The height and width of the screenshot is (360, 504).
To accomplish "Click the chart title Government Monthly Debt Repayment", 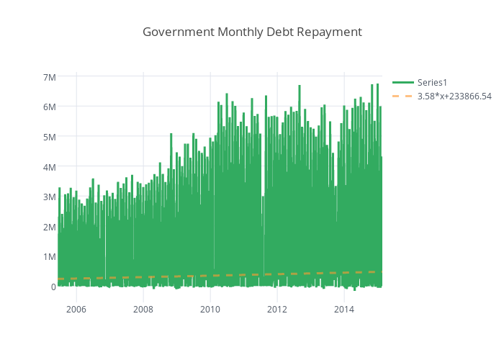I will pyautogui.click(x=252, y=32).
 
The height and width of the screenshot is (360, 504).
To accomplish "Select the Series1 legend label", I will pyautogui.click(x=433, y=83).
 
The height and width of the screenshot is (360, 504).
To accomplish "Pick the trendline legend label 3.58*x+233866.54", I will pyautogui.click(x=454, y=96).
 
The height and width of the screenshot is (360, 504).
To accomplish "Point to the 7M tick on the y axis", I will pyautogui.click(x=49, y=77).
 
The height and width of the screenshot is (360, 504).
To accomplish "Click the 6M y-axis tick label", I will pyautogui.click(x=49, y=107).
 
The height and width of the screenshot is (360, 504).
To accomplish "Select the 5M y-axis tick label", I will pyautogui.click(x=49, y=137).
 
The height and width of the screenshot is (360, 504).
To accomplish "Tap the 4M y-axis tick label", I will pyautogui.click(x=49, y=167).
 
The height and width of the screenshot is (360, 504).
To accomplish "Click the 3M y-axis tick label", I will pyautogui.click(x=49, y=197).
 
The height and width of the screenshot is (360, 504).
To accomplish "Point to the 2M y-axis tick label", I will pyautogui.click(x=49, y=227).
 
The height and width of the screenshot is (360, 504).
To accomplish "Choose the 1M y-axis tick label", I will pyautogui.click(x=49, y=257).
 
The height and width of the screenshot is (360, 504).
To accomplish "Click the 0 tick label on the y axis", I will pyautogui.click(x=53, y=287).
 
